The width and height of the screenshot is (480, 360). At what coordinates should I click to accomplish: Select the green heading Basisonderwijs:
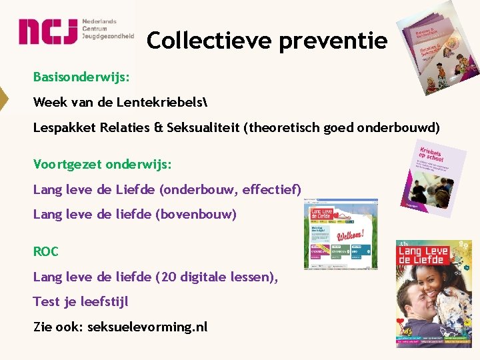click(x=81, y=77)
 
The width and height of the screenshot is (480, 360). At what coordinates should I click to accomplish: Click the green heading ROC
click(x=46, y=251)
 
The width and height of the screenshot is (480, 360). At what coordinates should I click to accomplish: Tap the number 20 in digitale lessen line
click(x=165, y=277)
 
